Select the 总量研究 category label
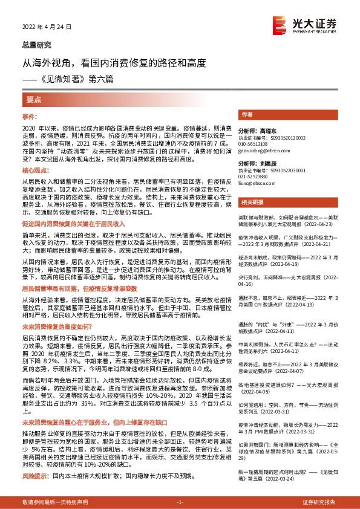(37, 45)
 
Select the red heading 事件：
(30, 115)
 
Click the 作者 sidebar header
(246, 114)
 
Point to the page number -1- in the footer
(179, 502)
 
